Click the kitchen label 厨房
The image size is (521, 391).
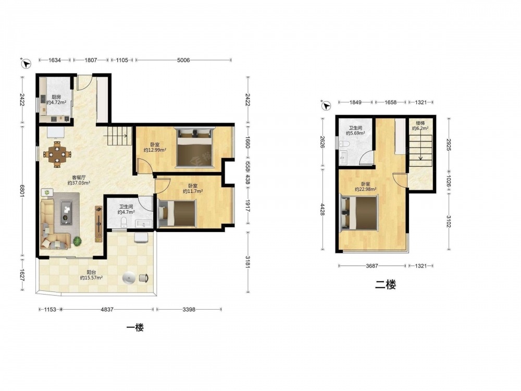[56, 97]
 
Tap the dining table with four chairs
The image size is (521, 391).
[57, 154]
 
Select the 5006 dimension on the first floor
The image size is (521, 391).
[183, 60]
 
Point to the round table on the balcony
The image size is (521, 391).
[129, 278]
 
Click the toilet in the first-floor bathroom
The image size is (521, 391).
[124, 222]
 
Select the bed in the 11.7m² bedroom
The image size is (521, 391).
[178, 213]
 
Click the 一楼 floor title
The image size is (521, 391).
[135, 327]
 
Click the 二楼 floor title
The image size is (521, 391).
[386, 285]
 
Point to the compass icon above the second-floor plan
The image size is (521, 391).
[326, 106]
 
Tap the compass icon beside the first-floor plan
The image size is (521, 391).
[26, 63]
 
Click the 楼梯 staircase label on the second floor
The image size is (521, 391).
[420, 123]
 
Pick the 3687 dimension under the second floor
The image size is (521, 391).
[372, 266]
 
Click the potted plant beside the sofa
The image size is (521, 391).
[78, 241]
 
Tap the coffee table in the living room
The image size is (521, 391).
[67, 213]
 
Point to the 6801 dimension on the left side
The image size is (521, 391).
[22, 192]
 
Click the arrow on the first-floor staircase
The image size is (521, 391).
[116, 136]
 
